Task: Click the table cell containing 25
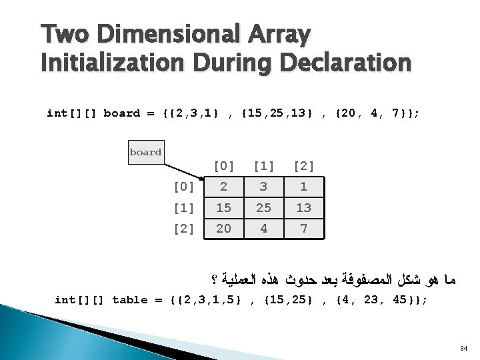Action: tap(263, 208)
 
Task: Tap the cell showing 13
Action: tap(303, 208)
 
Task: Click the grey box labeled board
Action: tap(145, 152)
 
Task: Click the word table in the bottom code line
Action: tap(129, 300)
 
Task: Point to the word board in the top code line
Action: tap(122, 113)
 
